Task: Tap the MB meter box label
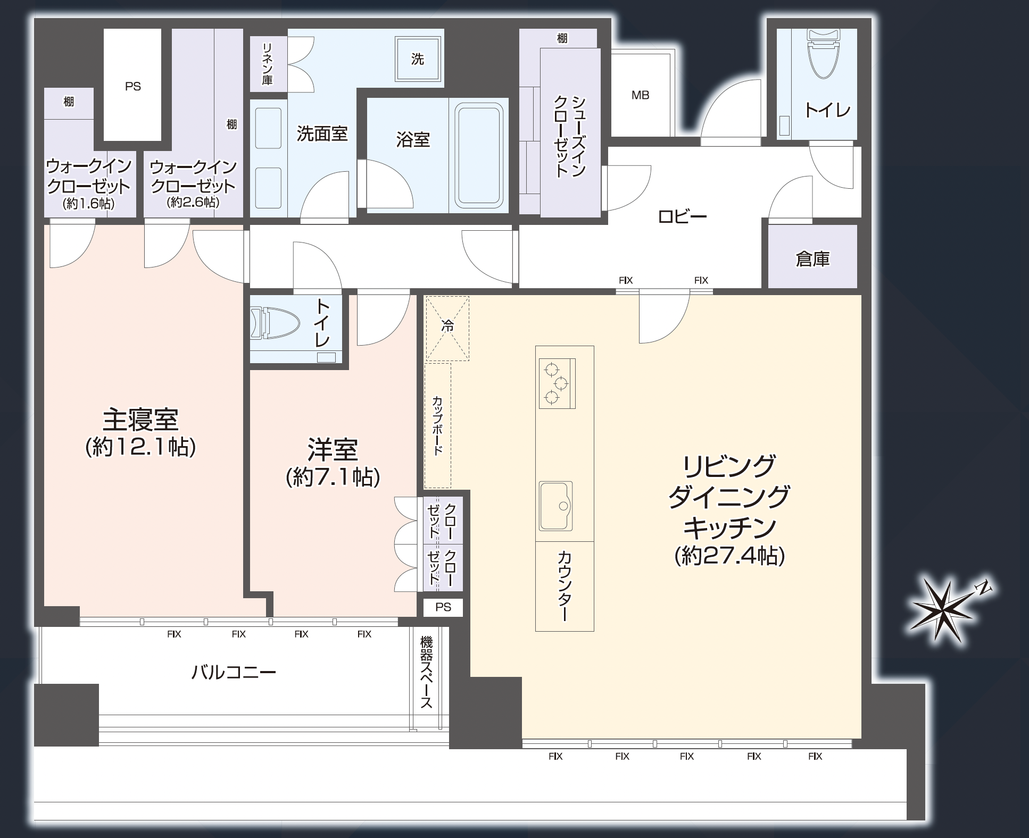tap(640, 95)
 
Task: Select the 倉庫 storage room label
tap(812, 259)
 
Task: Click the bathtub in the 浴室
tap(478, 155)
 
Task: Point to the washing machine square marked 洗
tap(418, 58)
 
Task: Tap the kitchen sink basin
tap(556, 506)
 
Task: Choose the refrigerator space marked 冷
tap(447, 328)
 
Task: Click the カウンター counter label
tap(564, 586)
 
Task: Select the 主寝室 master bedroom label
tap(140, 420)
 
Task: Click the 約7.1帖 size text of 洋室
tap(333, 477)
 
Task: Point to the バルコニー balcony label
tap(234, 673)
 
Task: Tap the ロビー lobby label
tap(683, 216)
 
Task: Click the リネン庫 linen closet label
tap(267, 64)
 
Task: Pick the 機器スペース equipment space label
tap(426, 673)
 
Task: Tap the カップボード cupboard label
tap(437, 425)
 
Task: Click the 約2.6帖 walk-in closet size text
tap(193, 202)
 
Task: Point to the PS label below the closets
tap(443, 607)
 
